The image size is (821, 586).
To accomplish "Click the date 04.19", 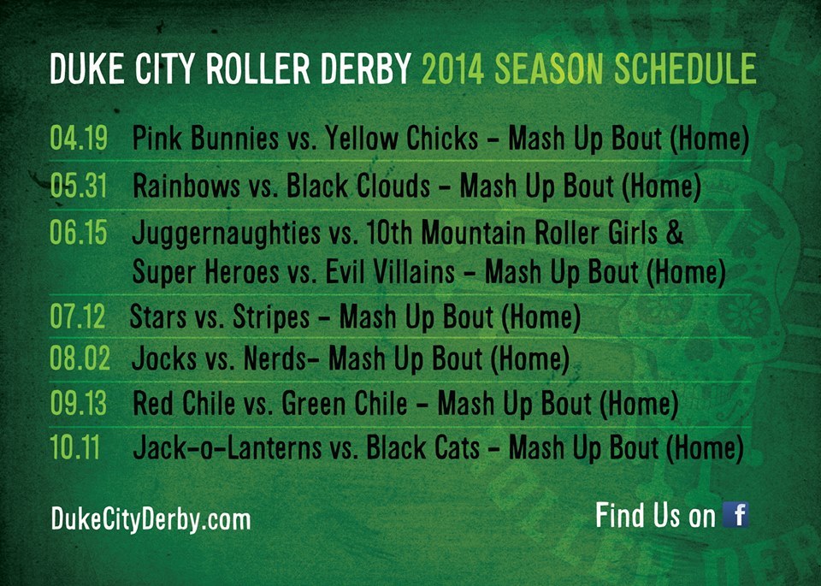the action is [79, 138].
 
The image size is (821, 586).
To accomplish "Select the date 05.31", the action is [79, 186].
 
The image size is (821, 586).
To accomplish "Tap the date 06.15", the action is [79, 232].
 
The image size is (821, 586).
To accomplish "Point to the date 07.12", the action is [78, 317].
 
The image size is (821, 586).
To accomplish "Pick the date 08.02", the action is [80, 358].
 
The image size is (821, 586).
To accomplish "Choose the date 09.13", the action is [79, 404].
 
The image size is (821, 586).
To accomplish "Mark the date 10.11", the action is [75, 447].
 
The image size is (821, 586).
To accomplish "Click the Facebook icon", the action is [735, 514].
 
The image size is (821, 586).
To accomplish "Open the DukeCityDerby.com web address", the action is [151, 520].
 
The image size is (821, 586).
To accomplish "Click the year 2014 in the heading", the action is [453, 68].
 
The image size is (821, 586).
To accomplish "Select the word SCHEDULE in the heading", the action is [685, 68].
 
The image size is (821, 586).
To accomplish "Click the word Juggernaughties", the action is [226, 234].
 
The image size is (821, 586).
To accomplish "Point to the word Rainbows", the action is [186, 186].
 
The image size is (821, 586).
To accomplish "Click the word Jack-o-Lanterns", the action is [227, 447].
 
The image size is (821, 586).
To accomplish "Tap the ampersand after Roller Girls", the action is [676, 232].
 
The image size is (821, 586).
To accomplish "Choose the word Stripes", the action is [271, 318].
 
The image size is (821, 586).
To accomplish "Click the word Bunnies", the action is [234, 139].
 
